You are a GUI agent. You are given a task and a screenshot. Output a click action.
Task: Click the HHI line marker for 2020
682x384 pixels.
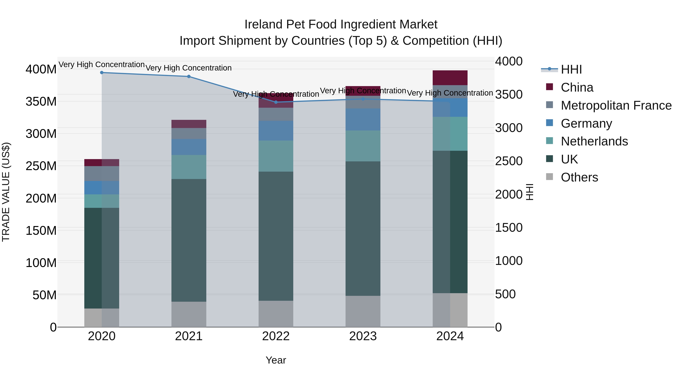click(x=102, y=73)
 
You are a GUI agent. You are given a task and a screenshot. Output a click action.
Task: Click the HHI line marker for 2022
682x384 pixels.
click(x=276, y=102)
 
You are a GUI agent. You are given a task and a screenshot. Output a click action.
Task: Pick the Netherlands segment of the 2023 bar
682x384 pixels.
click(x=363, y=146)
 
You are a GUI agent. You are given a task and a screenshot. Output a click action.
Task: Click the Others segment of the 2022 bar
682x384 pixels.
click(x=276, y=314)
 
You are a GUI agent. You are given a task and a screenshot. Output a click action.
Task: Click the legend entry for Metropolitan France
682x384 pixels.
click(x=616, y=105)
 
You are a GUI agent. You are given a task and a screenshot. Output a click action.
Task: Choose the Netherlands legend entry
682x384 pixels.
click(x=594, y=141)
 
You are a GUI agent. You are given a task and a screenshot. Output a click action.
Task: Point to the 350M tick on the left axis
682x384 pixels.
click(x=41, y=101)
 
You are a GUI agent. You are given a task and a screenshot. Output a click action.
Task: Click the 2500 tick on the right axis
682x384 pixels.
click(x=509, y=161)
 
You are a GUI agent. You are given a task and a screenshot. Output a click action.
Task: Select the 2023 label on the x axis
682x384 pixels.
click(x=363, y=336)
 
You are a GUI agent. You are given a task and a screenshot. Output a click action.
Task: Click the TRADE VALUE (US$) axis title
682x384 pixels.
click(x=6, y=192)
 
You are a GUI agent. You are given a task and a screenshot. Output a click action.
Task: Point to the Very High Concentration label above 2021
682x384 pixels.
click(x=189, y=68)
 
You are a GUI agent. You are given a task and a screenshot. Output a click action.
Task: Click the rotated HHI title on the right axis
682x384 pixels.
click(x=529, y=192)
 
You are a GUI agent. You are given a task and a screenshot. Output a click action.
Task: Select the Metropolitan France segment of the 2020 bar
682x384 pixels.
click(x=102, y=174)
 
